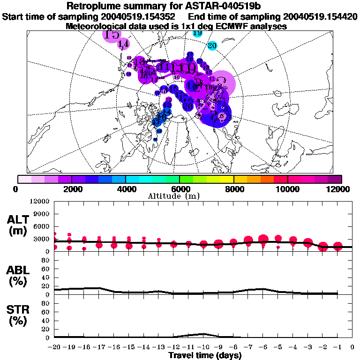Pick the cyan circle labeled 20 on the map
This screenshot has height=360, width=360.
(x=212, y=46)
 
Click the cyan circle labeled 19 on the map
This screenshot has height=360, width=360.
(x=198, y=33)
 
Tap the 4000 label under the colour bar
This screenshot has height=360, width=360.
(x=126, y=189)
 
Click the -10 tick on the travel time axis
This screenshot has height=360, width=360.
(x=203, y=347)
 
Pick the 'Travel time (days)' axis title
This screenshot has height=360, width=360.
(x=205, y=356)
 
